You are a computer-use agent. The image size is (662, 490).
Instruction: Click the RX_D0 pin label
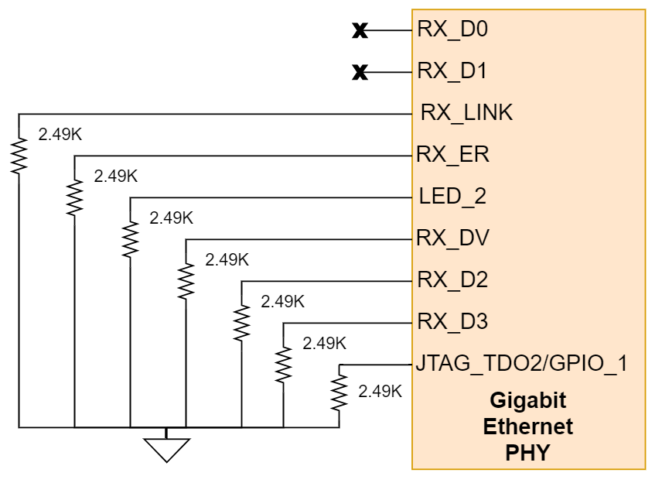pyautogui.click(x=452, y=29)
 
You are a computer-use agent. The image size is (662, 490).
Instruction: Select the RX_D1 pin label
pyautogui.click(x=452, y=71)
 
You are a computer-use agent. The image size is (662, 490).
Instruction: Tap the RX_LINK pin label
pyautogui.click(x=466, y=113)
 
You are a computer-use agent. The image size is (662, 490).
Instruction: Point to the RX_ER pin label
pyautogui.click(x=452, y=155)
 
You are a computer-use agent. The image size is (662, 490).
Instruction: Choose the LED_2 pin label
pyautogui.click(x=452, y=197)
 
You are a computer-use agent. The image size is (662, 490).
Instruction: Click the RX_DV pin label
pyautogui.click(x=452, y=238)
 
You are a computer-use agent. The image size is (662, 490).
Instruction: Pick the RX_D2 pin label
pyautogui.click(x=452, y=279)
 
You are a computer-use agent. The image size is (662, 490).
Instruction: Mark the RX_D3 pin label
pyautogui.click(x=452, y=321)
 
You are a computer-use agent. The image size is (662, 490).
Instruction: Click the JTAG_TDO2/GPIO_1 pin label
pyautogui.click(x=521, y=363)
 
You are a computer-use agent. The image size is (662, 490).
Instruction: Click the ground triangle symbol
pyautogui.click(x=166, y=448)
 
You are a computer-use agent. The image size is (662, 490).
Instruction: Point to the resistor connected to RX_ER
pyautogui.click(x=74, y=197)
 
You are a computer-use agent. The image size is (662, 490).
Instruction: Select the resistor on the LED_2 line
pyautogui.click(x=130, y=239)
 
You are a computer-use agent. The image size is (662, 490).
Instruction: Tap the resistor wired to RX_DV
pyautogui.click(x=186, y=281)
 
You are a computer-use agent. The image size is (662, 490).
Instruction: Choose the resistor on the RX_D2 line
pyautogui.click(x=241, y=322)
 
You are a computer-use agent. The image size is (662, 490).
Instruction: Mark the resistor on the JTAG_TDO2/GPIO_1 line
pyautogui.click(x=339, y=393)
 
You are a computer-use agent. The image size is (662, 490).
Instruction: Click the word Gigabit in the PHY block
pyautogui.click(x=528, y=401)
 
